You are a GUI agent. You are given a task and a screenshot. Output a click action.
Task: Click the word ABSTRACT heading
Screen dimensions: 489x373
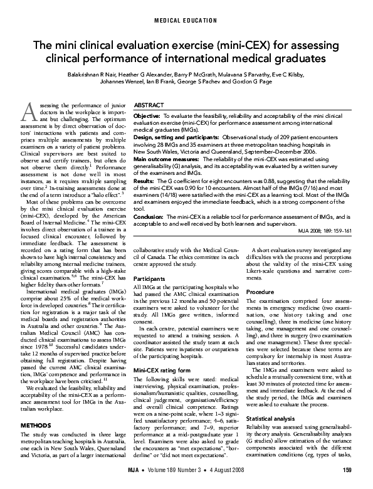(x=149, y=107)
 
